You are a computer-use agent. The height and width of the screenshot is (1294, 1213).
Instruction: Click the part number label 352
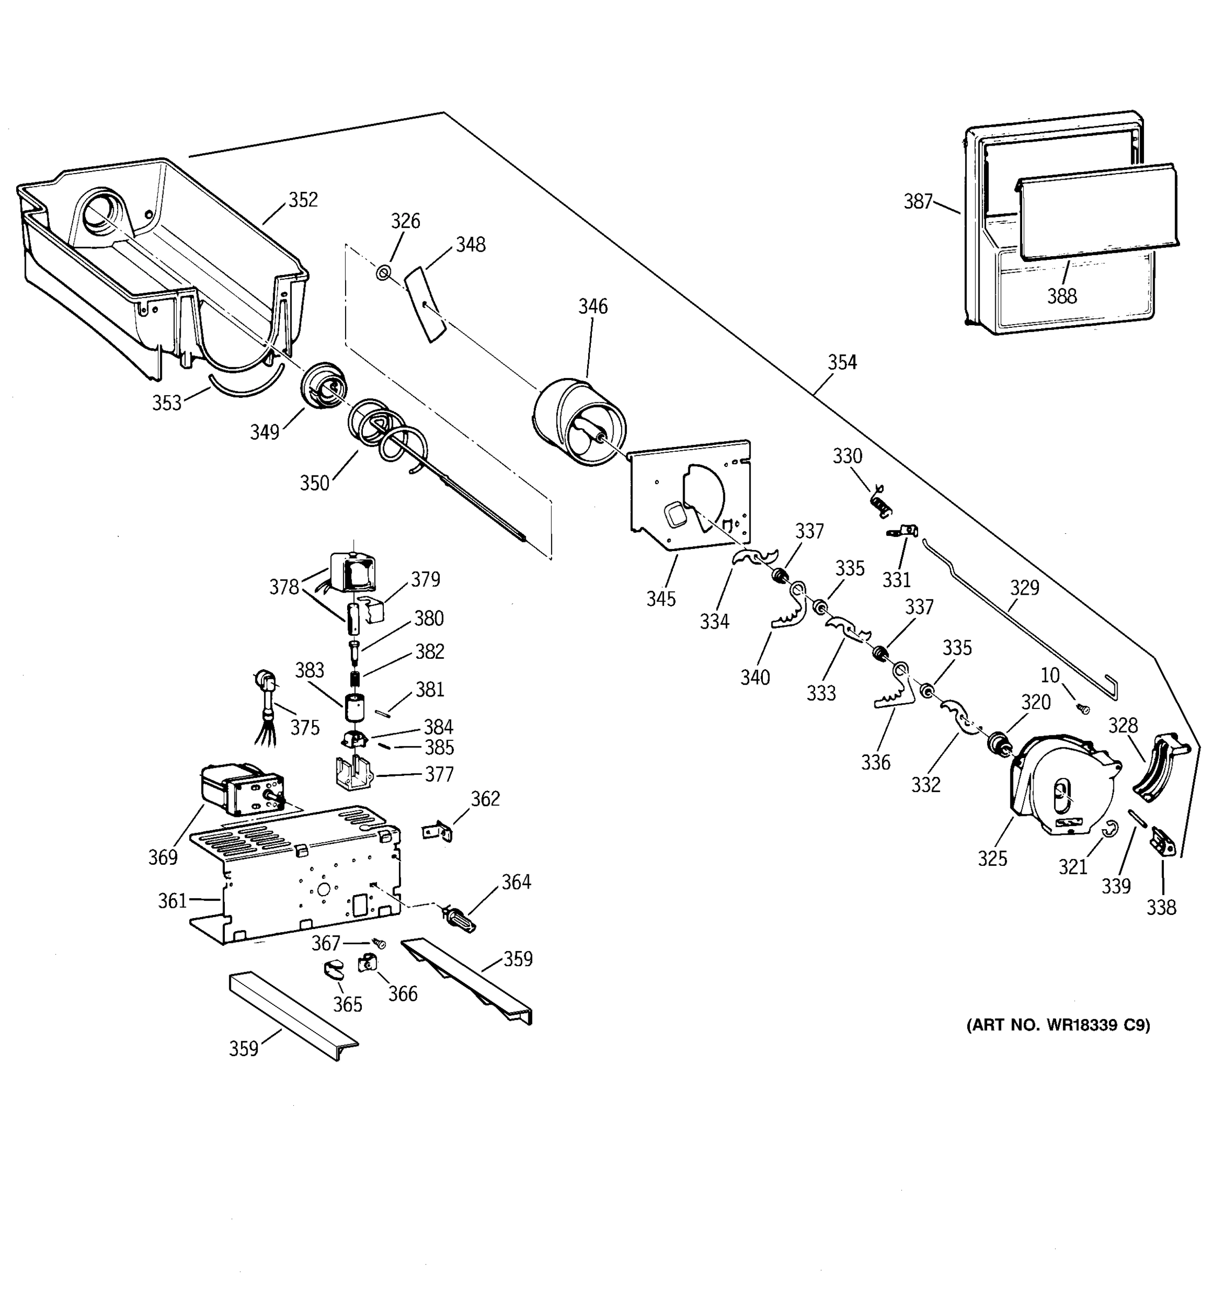pos(302,200)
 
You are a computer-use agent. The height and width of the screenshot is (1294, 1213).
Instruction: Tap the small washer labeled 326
pos(383,273)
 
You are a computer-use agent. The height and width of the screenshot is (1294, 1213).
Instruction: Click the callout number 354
pos(842,362)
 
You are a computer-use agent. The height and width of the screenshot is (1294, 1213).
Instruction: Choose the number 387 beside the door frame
pos(918,202)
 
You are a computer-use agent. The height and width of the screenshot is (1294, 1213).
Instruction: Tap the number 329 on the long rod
pos(1024,588)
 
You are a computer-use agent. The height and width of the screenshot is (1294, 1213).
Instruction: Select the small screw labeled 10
pos(1084,709)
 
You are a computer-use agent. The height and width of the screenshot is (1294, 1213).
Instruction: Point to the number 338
pos(1161,907)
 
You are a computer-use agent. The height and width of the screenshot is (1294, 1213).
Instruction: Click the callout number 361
pos(172,901)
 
